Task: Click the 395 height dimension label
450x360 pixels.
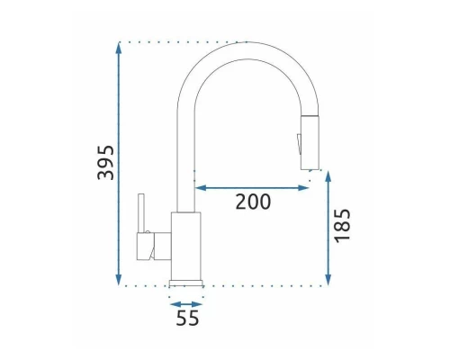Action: coord(106,163)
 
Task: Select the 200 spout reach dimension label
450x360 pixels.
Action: coord(253,202)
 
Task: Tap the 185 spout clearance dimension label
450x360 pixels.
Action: coord(342,226)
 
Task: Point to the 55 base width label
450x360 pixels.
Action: coord(187,318)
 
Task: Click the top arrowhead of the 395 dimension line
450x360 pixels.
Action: coord(119,48)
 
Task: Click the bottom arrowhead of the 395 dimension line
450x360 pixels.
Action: coord(119,279)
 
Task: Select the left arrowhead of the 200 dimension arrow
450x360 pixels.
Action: coord(201,188)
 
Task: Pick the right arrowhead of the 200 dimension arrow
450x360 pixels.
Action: coord(303,188)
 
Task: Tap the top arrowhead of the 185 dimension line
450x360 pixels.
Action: coord(328,177)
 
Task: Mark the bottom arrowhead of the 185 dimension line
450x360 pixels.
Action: coord(328,279)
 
